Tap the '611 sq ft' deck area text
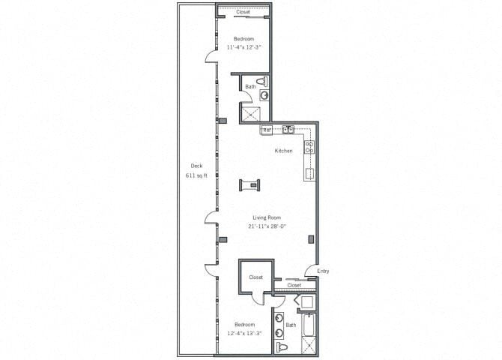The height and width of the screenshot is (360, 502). point(196,175)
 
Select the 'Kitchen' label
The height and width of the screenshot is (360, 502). point(283,151)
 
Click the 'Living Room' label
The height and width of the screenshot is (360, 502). point(266,217)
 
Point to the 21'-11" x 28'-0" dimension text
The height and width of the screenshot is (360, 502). point(266,226)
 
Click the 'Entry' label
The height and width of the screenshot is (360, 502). point(323,271)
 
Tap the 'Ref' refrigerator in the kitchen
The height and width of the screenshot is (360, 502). point(266,130)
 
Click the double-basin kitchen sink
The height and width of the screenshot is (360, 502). point(288,130)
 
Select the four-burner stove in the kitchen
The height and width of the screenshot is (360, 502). point(309,148)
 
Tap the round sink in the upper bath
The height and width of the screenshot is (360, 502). point(263,95)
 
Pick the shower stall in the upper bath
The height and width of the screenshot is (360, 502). point(251,113)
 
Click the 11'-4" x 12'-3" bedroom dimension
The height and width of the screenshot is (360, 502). point(244,47)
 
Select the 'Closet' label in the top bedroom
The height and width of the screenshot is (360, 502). point(243,12)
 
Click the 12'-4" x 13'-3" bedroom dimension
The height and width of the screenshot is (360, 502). point(244,333)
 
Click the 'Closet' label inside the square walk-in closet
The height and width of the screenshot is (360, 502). point(256,277)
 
